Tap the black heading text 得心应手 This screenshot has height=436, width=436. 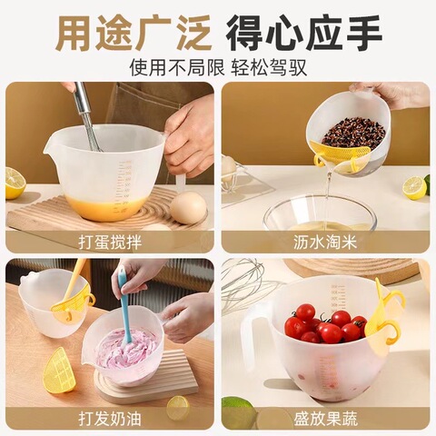click(303, 33)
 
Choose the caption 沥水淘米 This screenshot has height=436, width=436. click(325, 242)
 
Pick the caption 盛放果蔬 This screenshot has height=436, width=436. click(325, 419)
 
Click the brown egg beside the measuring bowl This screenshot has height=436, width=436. click(188, 207)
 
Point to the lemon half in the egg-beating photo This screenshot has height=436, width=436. click(15, 182)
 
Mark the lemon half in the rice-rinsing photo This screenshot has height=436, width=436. click(415, 187)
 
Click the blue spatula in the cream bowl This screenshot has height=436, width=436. click(124, 304)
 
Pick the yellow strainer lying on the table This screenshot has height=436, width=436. click(56, 370)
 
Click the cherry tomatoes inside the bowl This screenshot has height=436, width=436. click(323, 325)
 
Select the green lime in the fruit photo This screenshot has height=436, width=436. click(238, 413)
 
